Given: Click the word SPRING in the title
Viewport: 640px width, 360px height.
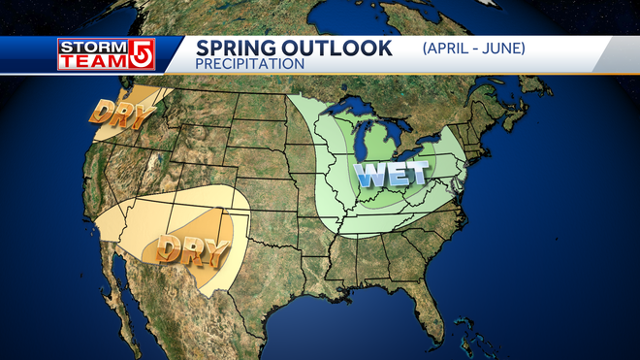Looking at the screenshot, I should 236,48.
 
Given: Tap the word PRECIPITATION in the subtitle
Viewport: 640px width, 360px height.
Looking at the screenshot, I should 250,64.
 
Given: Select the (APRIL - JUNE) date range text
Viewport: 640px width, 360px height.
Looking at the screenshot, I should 474,47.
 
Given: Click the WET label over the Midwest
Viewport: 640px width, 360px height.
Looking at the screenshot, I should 392,176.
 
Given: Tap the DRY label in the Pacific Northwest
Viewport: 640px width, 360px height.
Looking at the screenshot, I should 122,115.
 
